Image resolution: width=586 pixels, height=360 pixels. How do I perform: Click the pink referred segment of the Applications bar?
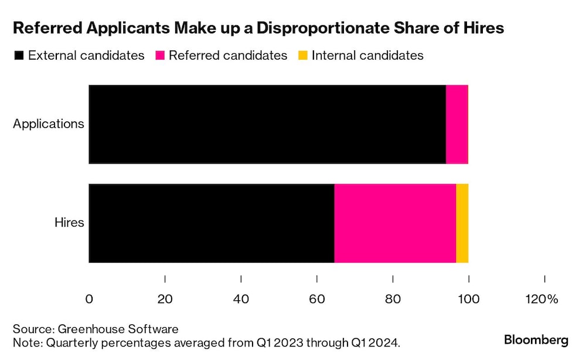click(x=457, y=124)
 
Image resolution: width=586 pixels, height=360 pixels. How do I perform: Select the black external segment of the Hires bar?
click(x=211, y=223)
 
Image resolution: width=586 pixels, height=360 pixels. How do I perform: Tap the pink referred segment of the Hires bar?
click(x=395, y=223)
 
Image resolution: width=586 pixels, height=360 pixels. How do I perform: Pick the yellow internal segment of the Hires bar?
click(x=462, y=223)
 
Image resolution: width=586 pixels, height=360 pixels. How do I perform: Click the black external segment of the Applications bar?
click(x=267, y=124)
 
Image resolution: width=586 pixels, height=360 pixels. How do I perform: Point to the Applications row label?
click(x=49, y=124)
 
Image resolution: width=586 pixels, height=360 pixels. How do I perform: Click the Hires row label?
click(x=69, y=223)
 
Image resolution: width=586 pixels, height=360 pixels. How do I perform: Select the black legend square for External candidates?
click(x=18, y=56)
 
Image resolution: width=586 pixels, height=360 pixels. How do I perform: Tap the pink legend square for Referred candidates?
click(x=159, y=56)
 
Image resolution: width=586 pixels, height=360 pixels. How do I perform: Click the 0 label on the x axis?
click(x=89, y=299)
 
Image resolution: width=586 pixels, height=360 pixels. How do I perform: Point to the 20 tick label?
click(x=165, y=299)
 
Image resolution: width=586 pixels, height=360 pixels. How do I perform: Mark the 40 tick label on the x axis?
click(x=241, y=299)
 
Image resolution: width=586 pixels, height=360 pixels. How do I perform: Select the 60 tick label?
click(x=317, y=299)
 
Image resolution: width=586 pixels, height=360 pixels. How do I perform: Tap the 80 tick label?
click(x=393, y=299)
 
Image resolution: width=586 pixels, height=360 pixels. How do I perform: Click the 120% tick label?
click(x=541, y=299)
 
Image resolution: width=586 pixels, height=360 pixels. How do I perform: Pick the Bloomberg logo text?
click(x=536, y=339)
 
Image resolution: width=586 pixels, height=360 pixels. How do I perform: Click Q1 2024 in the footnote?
click(x=377, y=342)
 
